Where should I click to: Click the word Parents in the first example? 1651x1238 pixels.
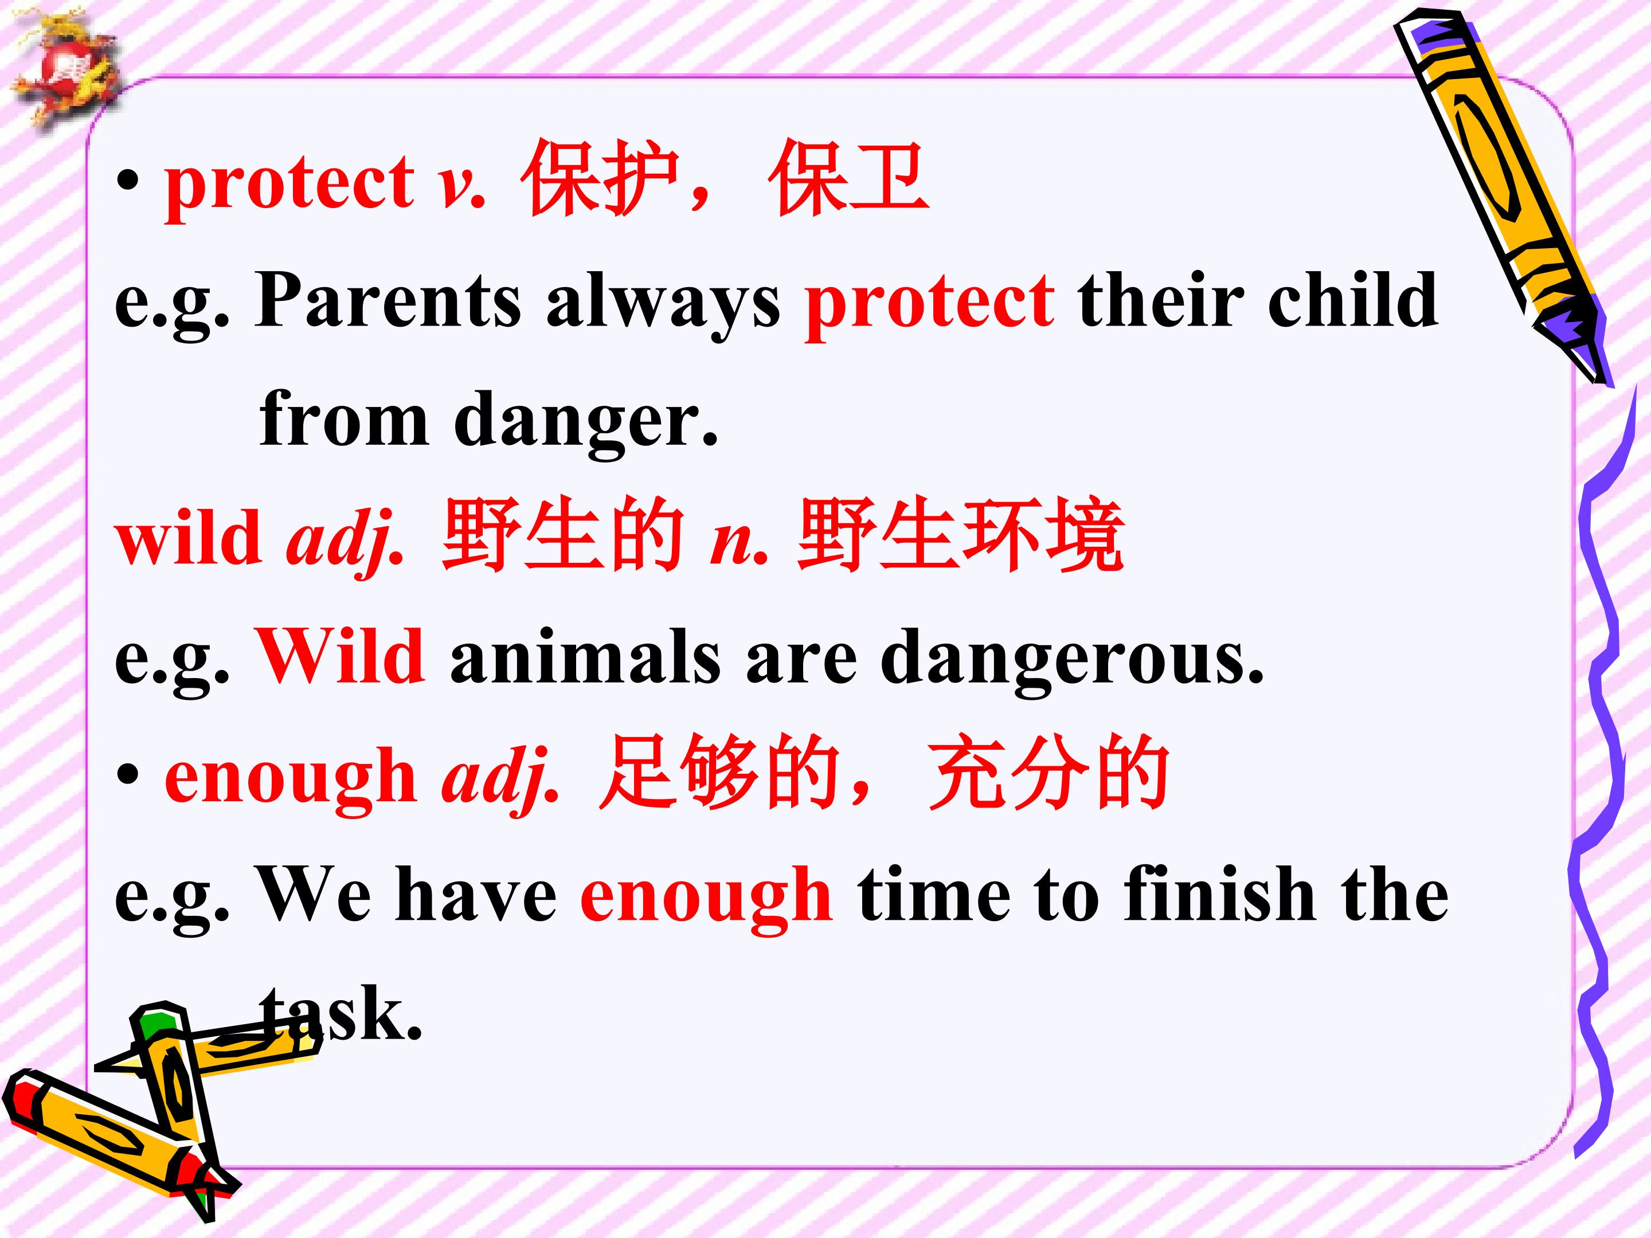[388, 300]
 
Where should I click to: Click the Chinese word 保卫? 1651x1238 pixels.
[848, 179]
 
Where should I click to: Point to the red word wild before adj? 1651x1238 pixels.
[187, 536]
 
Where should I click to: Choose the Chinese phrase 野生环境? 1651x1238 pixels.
[961, 534]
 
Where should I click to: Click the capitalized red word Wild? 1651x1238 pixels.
[341, 655]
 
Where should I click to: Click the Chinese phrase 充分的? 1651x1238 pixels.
[1048, 773]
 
